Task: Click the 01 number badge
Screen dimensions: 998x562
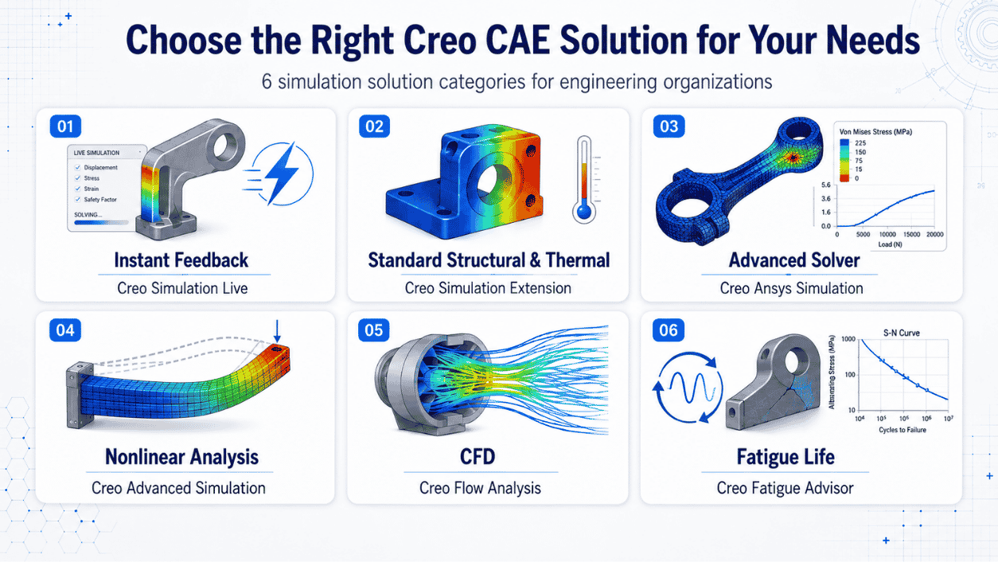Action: (65, 127)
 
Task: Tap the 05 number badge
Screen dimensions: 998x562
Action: (374, 330)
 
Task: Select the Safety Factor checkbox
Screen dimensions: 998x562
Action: (77, 200)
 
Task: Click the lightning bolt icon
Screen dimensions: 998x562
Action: (280, 174)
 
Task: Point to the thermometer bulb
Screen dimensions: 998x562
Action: (584, 211)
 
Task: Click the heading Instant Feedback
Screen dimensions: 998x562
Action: (181, 260)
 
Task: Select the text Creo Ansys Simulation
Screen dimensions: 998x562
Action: (791, 288)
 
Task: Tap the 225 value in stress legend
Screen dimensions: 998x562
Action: (860, 143)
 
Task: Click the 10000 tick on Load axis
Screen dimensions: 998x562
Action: (887, 234)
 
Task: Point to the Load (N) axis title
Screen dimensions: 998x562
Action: (891, 244)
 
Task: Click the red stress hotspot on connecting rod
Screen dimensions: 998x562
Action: (793, 157)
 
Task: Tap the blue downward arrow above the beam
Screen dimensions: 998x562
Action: (277, 330)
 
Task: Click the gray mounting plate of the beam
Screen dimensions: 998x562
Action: (80, 395)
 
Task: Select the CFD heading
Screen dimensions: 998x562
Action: (478, 457)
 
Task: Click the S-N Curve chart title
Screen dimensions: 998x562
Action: (902, 333)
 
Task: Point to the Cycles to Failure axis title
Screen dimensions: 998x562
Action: (902, 430)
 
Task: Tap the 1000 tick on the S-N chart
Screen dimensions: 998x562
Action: (848, 339)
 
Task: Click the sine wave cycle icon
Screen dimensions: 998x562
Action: (690, 388)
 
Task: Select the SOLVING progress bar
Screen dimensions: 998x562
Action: (101, 222)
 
